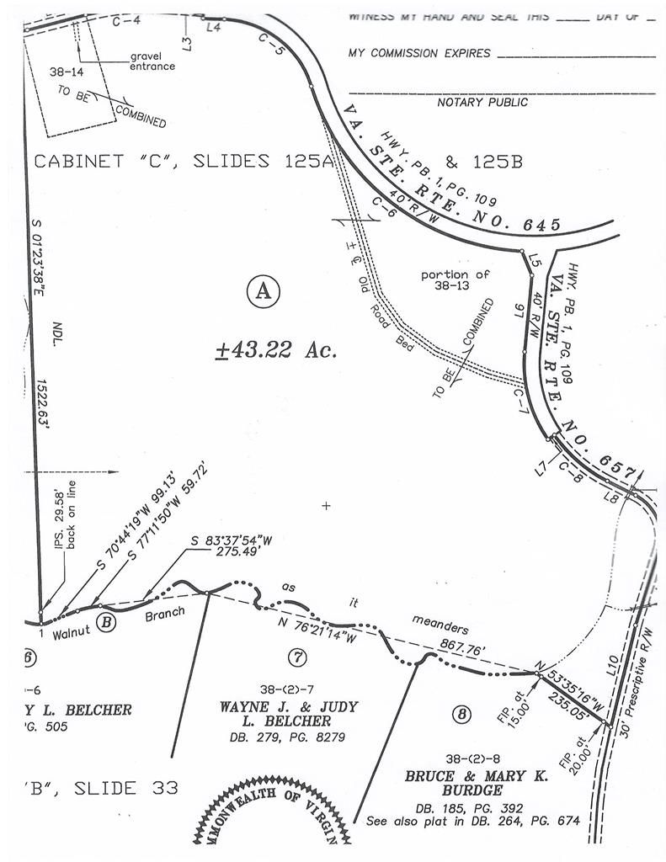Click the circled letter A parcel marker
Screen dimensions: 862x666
263,291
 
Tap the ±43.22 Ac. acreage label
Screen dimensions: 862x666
276,349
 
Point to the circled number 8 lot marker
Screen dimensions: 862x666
461,716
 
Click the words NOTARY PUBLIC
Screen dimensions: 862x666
482,103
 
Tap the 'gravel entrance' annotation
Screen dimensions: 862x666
152,61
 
